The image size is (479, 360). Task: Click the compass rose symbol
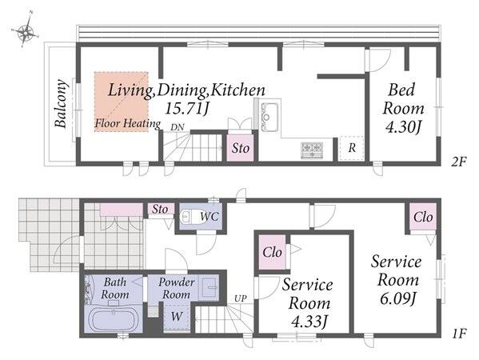pos(26,30)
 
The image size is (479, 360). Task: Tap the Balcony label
pos(61,103)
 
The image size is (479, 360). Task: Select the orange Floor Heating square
pos(122,102)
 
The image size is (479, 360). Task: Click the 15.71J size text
pos(187,108)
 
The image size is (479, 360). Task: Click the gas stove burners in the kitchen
pos(312,150)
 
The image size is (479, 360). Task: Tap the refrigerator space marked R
pos(352,148)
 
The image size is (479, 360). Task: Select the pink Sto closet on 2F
pos(240,148)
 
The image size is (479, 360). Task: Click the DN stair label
pos(178,127)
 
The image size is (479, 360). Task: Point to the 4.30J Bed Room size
pos(403,127)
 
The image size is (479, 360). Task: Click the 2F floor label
pos(458,162)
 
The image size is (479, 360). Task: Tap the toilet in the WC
pos(190,217)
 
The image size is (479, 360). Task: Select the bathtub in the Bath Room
pos(114,320)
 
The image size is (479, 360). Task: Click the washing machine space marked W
pos(177,316)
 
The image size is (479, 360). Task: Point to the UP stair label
pos(240,298)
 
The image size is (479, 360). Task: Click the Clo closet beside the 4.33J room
pos(272,252)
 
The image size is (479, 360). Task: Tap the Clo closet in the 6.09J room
pos(423,217)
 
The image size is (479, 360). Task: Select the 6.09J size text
pos(397,298)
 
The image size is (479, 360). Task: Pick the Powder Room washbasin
pos(209,287)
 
